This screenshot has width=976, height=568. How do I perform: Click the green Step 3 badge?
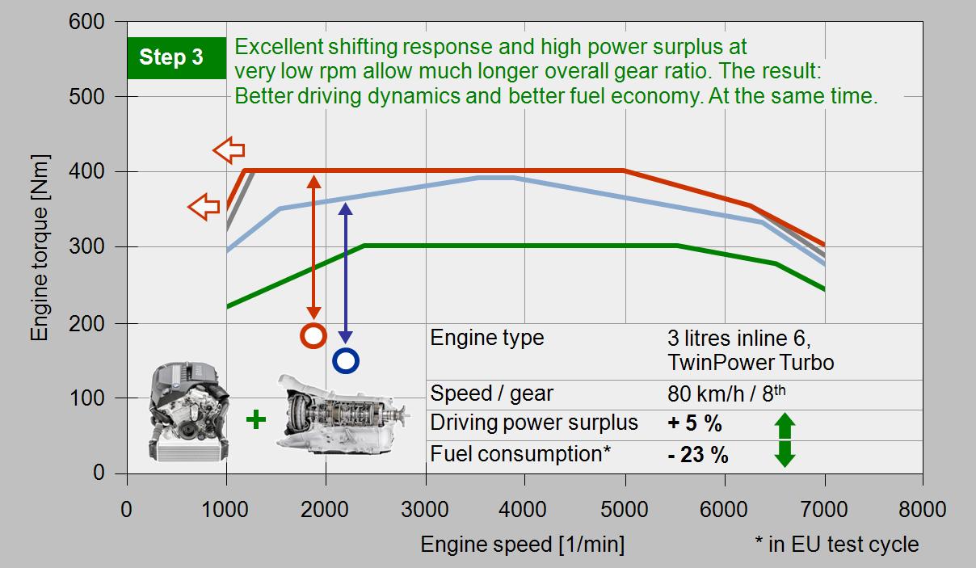click(x=176, y=57)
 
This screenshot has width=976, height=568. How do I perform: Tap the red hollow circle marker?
click(x=313, y=335)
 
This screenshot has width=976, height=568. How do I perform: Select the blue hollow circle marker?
click(x=346, y=360)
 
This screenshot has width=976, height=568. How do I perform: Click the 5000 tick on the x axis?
click(x=624, y=509)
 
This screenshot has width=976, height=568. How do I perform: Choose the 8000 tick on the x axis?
click(x=922, y=509)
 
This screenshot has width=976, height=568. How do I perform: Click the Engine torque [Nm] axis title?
click(x=40, y=248)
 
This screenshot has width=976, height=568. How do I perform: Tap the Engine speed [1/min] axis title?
click(x=523, y=544)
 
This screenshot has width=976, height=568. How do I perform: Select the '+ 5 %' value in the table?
click(x=695, y=423)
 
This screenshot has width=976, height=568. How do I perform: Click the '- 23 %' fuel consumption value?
click(x=698, y=455)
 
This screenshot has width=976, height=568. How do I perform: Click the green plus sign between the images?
click(x=256, y=419)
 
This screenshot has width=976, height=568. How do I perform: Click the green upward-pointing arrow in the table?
click(x=785, y=425)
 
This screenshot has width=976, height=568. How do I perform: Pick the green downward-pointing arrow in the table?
click(x=785, y=453)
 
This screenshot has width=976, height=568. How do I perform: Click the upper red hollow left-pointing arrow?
click(x=229, y=149)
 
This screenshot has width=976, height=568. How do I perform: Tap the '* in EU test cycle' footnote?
click(x=836, y=544)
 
